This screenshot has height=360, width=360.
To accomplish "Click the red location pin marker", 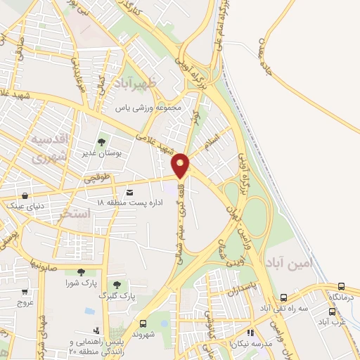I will click(x=181, y=165).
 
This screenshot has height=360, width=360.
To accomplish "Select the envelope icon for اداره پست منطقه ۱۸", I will click(x=129, y=192).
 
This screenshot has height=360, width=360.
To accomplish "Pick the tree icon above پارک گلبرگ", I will click(x=117, y=285).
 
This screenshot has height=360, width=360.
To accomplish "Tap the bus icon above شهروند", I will click(x=143, y=324).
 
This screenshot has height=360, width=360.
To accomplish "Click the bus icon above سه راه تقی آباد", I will click(x=283, y=298).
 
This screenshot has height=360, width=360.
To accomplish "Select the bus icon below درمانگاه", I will click(x=332, y=311).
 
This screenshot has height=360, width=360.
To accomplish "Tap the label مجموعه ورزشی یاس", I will click(x=150, y=108).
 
